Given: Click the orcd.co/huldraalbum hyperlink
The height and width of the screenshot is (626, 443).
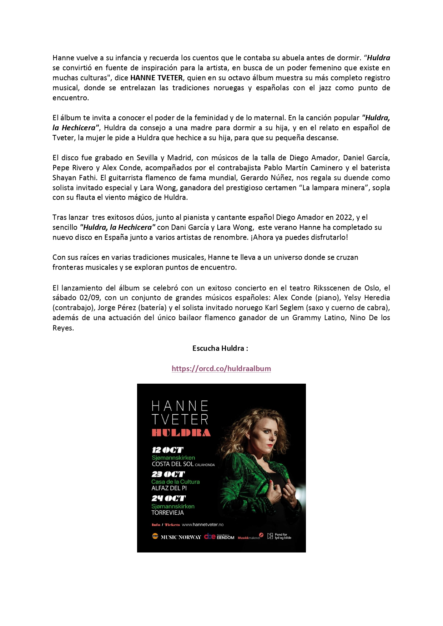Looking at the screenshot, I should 221,368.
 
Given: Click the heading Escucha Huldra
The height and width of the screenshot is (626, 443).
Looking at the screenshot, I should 220,348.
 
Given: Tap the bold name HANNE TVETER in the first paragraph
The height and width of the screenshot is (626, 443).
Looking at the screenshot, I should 156,78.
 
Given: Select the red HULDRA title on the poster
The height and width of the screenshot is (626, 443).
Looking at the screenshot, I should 181,433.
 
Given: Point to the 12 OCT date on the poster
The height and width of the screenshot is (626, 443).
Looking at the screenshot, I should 167,450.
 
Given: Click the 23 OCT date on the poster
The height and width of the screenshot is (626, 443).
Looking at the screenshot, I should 168,474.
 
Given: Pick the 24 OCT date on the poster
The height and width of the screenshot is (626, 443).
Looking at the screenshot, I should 168,499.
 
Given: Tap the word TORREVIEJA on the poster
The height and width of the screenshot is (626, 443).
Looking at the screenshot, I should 167,513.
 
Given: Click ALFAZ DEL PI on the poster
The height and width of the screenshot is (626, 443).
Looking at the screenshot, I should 169,488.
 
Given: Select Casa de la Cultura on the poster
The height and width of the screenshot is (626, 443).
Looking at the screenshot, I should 175,482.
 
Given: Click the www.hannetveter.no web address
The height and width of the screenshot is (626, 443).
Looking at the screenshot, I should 202,525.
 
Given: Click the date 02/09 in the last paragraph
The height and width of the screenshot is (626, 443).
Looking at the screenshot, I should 90,298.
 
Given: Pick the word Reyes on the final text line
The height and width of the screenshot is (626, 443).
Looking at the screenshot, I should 63,328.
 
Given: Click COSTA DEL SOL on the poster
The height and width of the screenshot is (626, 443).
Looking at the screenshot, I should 172,464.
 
